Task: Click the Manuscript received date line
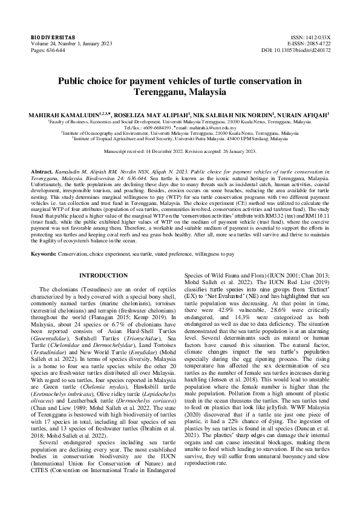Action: (x=180, y=151)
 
